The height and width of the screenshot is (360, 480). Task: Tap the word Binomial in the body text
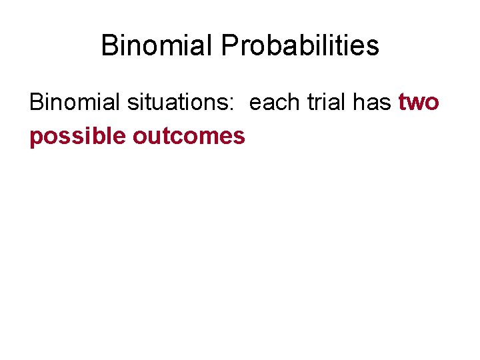coord(69,103)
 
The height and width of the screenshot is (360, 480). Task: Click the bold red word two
coord(419,103)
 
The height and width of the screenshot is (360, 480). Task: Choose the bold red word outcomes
coord(189,136)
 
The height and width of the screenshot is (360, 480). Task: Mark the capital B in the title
coord(109,46)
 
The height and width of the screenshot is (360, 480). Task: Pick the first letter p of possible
coord(36,138)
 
